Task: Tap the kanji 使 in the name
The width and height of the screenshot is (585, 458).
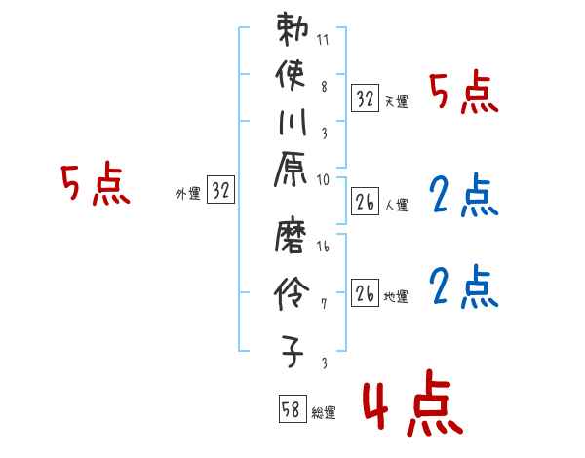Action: (293, 76)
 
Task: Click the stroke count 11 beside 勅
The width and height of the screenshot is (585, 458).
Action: (323, 41)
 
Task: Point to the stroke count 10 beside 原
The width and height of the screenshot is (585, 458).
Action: (323, 179)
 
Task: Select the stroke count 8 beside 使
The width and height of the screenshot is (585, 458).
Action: (324, 87)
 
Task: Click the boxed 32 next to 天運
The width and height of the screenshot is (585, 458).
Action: (366, 97)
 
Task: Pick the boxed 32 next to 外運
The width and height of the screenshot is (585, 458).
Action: (221, 191)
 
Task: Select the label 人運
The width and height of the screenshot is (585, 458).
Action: (396, 206)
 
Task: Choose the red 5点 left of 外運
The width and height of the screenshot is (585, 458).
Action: (95, 183)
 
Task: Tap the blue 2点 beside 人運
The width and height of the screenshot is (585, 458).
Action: (462, 195)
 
